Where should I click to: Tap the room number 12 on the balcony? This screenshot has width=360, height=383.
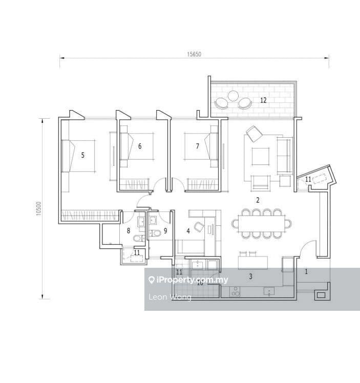(263, 100)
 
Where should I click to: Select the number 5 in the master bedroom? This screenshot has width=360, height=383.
(83, 155)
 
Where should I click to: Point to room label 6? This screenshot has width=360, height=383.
(140, 146)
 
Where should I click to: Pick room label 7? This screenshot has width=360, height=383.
(198, 146)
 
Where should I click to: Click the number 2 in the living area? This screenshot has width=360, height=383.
(258, 200)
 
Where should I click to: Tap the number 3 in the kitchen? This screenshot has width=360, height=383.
(250, 277)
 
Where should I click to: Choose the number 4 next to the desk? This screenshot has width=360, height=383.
(188, 231)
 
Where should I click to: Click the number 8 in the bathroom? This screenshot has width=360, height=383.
(129, 231)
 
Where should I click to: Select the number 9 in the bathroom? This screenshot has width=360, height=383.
(165, 231)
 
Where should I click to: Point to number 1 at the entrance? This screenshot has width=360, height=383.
(306, 272)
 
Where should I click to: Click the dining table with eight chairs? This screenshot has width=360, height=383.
(261, 223)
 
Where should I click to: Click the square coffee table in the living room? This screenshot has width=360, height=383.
(261, 156)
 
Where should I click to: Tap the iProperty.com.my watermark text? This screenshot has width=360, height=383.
(188, 280)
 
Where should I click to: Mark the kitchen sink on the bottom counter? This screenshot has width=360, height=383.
(269, 292)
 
